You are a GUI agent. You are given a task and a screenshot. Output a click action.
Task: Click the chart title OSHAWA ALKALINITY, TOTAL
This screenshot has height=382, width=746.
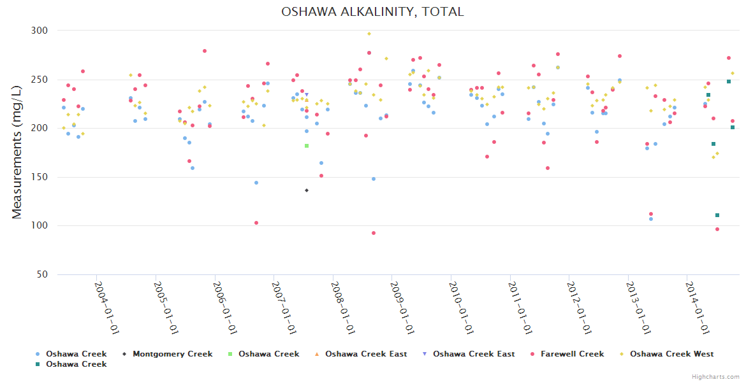(372, 12)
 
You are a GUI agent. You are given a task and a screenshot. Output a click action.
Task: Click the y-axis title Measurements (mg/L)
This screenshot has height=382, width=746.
(17, 153)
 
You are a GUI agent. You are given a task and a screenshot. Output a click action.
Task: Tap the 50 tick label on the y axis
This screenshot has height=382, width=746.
(43, 274)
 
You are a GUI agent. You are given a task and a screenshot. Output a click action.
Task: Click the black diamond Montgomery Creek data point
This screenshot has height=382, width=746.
(307, 190)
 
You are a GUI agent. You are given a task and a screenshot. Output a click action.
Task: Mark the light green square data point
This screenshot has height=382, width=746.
(307, 146)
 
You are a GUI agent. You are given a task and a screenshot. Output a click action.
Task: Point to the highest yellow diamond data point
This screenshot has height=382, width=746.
(369, 34)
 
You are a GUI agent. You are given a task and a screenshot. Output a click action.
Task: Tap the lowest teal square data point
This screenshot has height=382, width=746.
(717, 215)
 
